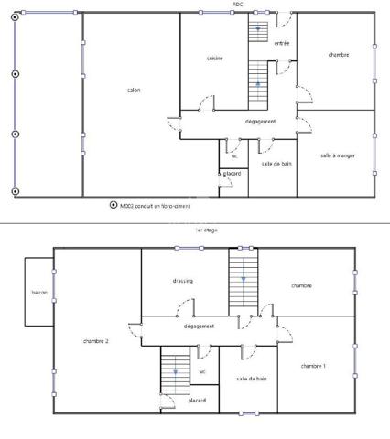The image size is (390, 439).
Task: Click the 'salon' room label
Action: click(x=133, y=90)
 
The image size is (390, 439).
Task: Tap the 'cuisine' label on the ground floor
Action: click(x=214, y=58)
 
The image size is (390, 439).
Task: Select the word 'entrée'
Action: click(x=282, y=43)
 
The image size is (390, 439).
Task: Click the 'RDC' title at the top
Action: click(x=237, y=4)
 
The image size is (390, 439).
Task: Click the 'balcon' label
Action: click(x=38, y=293)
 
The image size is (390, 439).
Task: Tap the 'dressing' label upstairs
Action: click(x=182, y=281)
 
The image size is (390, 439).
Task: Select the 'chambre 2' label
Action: click(x=95, y=341)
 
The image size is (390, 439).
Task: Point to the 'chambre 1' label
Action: click(x=313, y=366)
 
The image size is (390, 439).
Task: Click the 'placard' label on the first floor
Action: click(x=197, y=401)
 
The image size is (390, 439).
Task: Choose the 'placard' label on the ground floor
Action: click(x=232, y=173)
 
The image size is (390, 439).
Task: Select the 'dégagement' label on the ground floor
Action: click(x=261, y=121)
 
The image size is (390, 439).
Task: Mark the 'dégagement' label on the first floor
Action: click(x=199, y=327)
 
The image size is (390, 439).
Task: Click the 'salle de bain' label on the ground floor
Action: click(x=276, y=164)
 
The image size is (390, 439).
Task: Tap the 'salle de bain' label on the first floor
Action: click(x=251, y=378)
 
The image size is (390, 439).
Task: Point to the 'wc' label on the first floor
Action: click(x=202, y=372)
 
